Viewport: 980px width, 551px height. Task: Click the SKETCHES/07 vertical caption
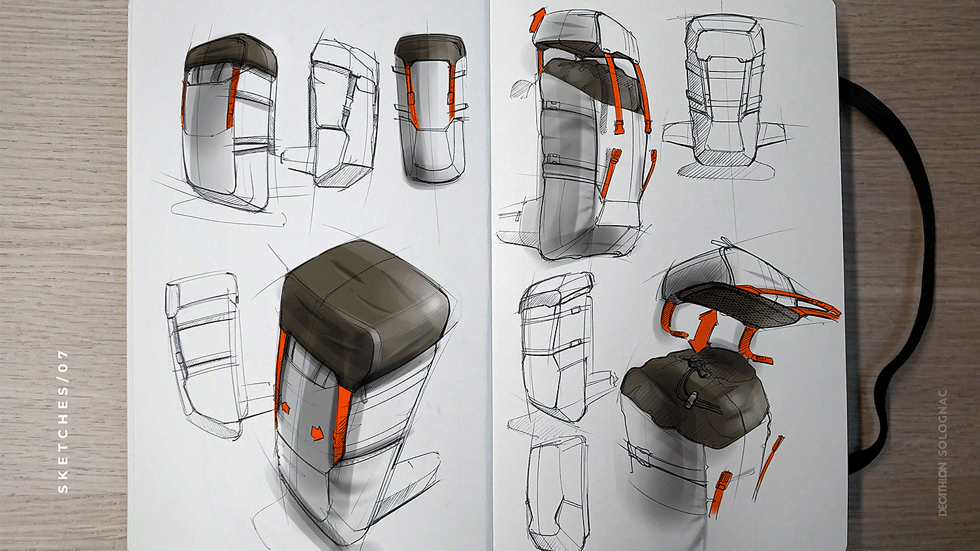tap(64, 422)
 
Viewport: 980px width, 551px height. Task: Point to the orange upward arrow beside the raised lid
tap(537, 20)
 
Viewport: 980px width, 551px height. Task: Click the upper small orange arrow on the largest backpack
tap(286, 408)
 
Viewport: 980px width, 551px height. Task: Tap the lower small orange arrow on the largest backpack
tap(316, 433)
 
